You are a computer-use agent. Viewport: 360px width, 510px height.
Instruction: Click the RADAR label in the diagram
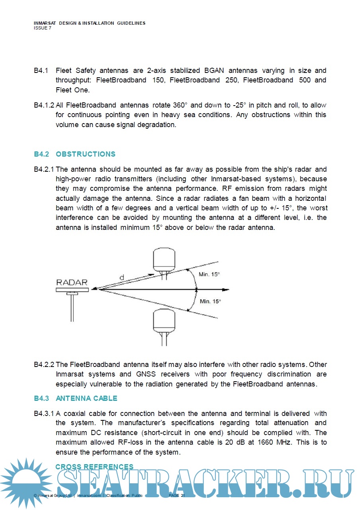pos(72,282)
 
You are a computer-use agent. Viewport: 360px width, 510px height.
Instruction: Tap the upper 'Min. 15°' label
pos(209,275)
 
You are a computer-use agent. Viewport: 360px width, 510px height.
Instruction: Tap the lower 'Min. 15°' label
pos(210,302)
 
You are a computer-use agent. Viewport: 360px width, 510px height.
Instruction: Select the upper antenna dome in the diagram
pos(164,259)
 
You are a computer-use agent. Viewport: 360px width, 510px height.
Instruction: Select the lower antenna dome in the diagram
pos(164,321)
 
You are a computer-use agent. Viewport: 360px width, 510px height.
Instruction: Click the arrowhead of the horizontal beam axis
pos(227,290)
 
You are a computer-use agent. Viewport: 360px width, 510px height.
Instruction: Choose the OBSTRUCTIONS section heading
pos(85,154)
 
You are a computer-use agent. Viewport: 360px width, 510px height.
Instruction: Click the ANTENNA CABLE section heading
pos(86,398)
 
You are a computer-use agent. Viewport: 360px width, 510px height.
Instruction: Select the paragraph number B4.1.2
pos(44,106)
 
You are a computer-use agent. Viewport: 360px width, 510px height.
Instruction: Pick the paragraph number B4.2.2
pos(44,365)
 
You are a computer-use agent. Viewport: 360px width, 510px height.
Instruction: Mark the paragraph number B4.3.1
pos(44,414)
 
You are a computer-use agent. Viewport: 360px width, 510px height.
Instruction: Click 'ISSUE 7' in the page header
pos(43,28)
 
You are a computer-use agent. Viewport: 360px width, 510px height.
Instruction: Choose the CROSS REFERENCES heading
pos(94,467)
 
